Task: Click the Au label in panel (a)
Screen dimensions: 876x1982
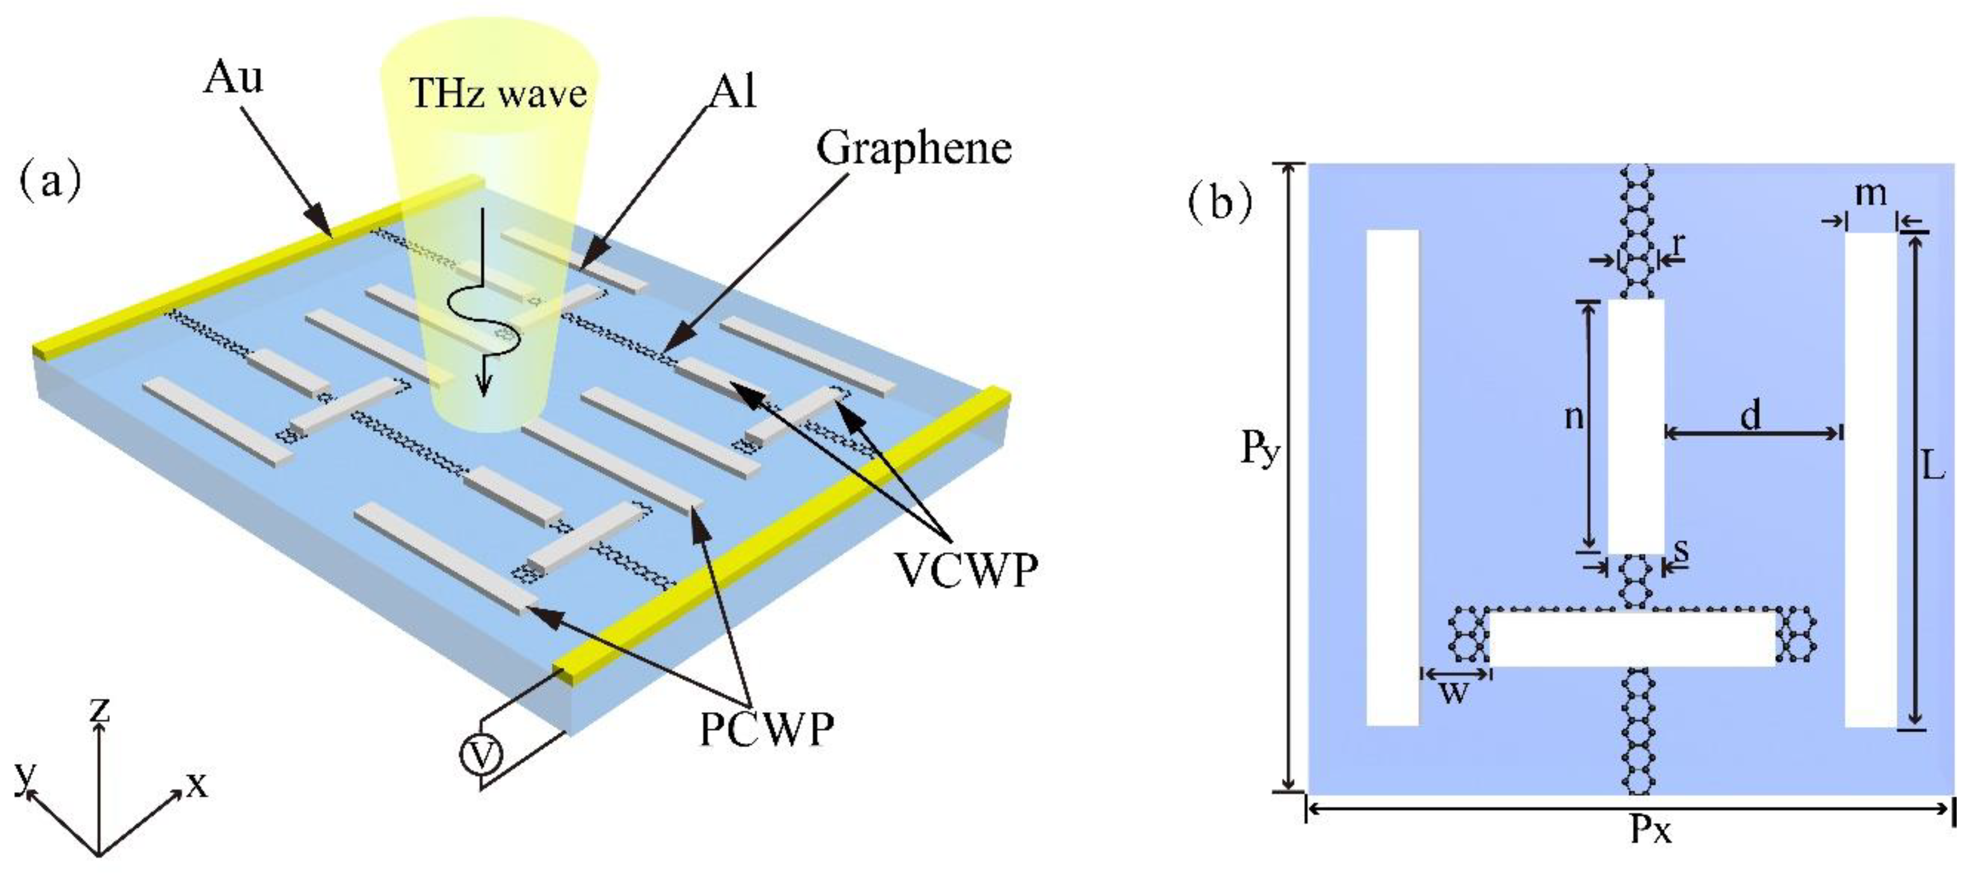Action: [x=232, y=78]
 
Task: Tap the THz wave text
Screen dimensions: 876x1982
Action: [x=499, y=93]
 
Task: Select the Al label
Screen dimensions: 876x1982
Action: [x=732, y=91]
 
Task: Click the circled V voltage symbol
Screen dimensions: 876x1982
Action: [x=482, y=756]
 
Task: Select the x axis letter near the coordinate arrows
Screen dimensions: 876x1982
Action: [x=197, y=784]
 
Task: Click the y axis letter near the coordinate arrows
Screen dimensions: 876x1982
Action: [x=26, y=775]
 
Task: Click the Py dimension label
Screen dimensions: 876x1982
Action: [x=1260, y=448]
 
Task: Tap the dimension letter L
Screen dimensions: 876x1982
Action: [x=1933, y=466]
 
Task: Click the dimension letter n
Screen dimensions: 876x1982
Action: [x=1574, y=417]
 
